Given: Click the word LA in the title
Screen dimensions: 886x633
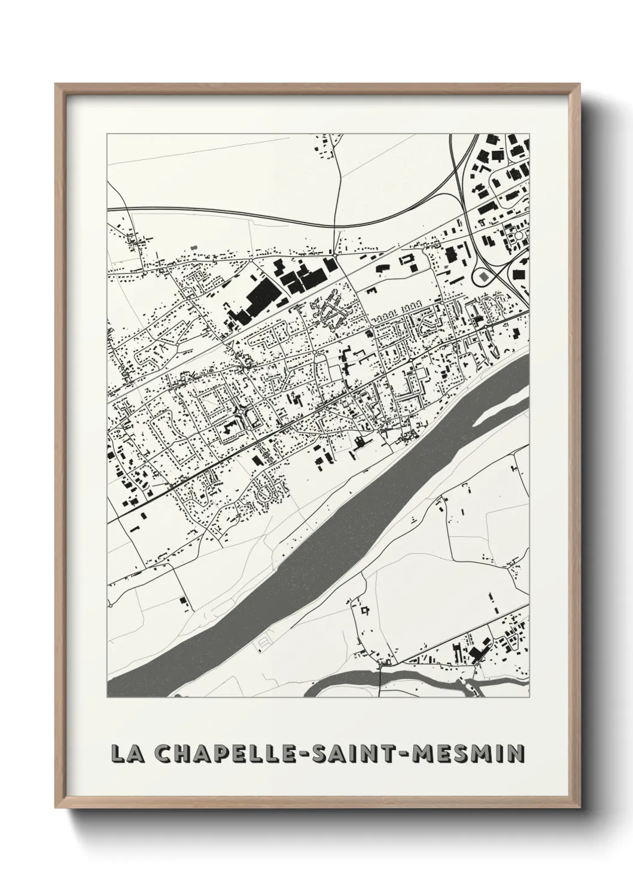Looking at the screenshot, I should [x=124, y=754].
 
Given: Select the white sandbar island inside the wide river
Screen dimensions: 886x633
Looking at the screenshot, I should [x=500, y=413].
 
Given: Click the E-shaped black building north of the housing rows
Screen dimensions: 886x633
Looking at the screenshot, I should [x=372, y=290].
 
